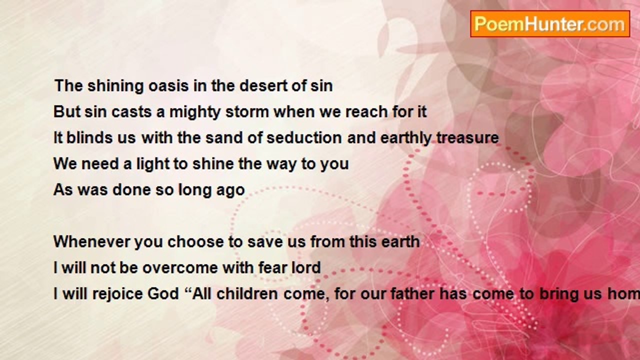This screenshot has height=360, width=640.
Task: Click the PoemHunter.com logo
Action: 550,24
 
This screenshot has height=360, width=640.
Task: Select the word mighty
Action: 195,112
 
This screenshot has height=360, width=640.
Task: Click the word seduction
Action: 304,137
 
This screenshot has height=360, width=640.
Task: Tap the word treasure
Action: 467,137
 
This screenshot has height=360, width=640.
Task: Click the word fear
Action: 272,267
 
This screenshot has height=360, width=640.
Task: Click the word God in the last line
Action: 163,294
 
